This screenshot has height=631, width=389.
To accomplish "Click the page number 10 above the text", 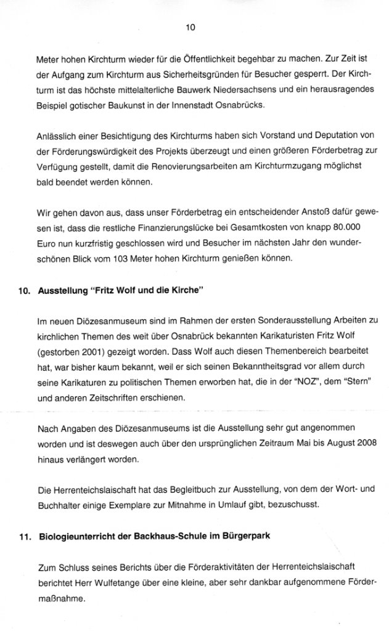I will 190,27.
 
